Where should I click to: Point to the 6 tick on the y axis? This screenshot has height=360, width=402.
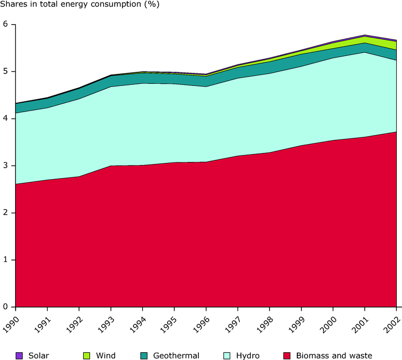point(6,25)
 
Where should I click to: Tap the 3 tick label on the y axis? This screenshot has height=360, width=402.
point(6,166)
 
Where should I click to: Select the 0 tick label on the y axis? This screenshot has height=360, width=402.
point(6,307)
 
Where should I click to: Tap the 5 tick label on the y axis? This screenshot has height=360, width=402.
point(6,72)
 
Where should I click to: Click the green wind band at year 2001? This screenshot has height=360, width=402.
point(365,40)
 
